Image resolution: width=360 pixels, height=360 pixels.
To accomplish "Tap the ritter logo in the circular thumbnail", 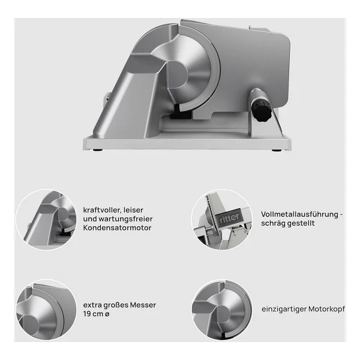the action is click(x=229, y=217).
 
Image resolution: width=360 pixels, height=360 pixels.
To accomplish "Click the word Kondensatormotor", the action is click(x=118, y=228).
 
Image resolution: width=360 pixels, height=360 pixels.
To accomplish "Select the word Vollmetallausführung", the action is click(x=299, y=214).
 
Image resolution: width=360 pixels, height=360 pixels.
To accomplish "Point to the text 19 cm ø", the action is click(x=96, y=314).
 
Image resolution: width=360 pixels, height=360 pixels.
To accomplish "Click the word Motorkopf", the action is click(x=326, y=309).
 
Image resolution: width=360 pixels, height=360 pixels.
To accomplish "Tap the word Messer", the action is click(x=143, y=305).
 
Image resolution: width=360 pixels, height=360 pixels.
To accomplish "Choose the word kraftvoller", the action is click(x=102, y=210).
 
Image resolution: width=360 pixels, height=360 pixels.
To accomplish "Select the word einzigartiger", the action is click(x=284, y=309).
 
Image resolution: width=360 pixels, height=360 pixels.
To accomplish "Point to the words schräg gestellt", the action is click(x=287, y=223).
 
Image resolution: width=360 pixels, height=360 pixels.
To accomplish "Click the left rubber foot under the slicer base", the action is click(x=98, y=151).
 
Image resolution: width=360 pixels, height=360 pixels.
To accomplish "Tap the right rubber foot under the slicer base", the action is click(x=276, y=151).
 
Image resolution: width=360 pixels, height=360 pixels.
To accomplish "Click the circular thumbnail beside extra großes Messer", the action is click(x=46, y=310).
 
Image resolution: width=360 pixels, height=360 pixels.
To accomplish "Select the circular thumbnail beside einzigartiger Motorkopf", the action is click(x=222, y=310).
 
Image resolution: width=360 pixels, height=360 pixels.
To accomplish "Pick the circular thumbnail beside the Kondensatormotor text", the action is click(x=46, y=220).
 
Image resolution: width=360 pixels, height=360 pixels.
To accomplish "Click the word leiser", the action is click(x=133, y=210).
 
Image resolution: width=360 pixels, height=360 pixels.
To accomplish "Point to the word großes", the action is click(x=116, y=305).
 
